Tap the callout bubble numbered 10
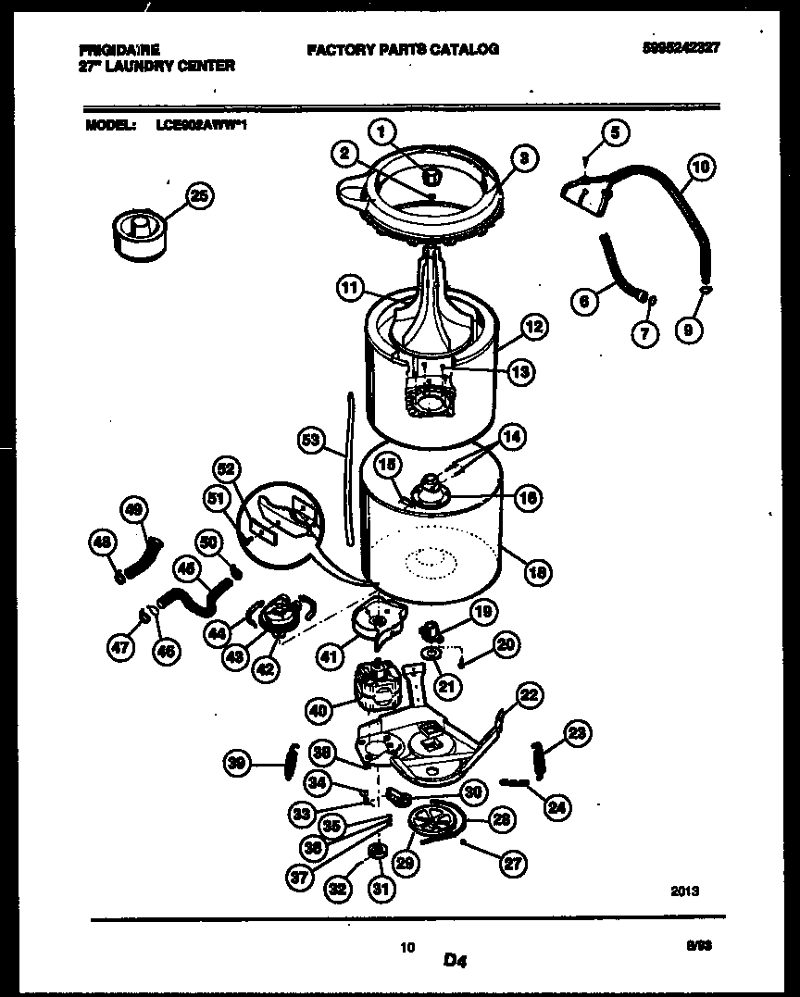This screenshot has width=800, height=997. (702, 168)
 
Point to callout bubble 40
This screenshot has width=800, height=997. (318, 711)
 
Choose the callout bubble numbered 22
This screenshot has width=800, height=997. (528, 694)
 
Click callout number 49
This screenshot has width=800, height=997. (135, 510)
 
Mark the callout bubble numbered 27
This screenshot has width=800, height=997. (511, 865)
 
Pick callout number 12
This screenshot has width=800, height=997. (533, 326)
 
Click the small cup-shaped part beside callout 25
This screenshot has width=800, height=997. (136, 230)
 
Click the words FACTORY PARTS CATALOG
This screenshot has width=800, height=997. (403, 49)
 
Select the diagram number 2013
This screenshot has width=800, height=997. (684, 891)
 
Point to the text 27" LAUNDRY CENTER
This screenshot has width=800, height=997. (153, 66)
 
